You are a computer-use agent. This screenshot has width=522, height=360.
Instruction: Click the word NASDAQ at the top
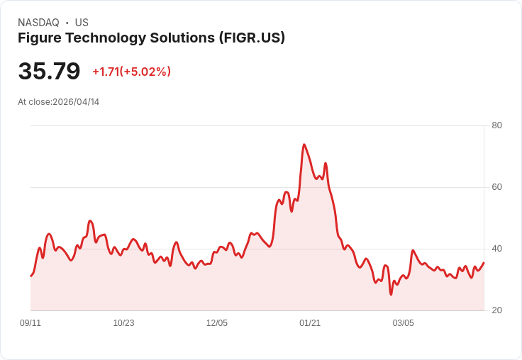tap(38, 23)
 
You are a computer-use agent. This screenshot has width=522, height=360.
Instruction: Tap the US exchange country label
tap(82, 23)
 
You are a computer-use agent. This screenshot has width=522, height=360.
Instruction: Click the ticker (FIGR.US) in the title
tap(252, 38)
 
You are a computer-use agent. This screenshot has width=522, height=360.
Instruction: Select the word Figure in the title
tap(40, 38)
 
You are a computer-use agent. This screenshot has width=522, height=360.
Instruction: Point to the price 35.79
tap(49, 72)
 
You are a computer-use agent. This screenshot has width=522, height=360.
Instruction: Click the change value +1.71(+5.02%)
tap(131, 72)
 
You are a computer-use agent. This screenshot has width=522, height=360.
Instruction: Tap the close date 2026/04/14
tap(76, 102)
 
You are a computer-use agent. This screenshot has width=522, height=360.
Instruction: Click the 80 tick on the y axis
tap(497, 125)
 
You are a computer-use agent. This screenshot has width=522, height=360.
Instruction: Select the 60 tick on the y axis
tap(497, 187)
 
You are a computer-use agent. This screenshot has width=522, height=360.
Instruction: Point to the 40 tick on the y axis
tap(497, 249)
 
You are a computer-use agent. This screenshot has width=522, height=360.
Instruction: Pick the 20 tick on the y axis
tap(497, 310)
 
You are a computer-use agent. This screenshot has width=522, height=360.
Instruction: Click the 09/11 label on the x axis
tap(30, 323)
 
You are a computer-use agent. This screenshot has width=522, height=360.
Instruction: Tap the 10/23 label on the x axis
tap(123, 323)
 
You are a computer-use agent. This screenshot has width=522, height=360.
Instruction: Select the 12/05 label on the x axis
tap(217, 323)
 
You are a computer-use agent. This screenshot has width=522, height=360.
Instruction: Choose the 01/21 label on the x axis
tap(310, 323)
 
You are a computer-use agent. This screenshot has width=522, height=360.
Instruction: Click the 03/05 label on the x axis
tap(403, 323)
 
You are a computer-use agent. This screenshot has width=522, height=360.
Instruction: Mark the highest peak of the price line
tap(304, 145)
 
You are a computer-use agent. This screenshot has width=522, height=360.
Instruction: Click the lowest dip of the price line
tap(391, 294)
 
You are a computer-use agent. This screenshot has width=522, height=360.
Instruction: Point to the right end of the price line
tap(484, 263)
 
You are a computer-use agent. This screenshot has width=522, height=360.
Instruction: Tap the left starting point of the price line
tap(30, 276)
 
